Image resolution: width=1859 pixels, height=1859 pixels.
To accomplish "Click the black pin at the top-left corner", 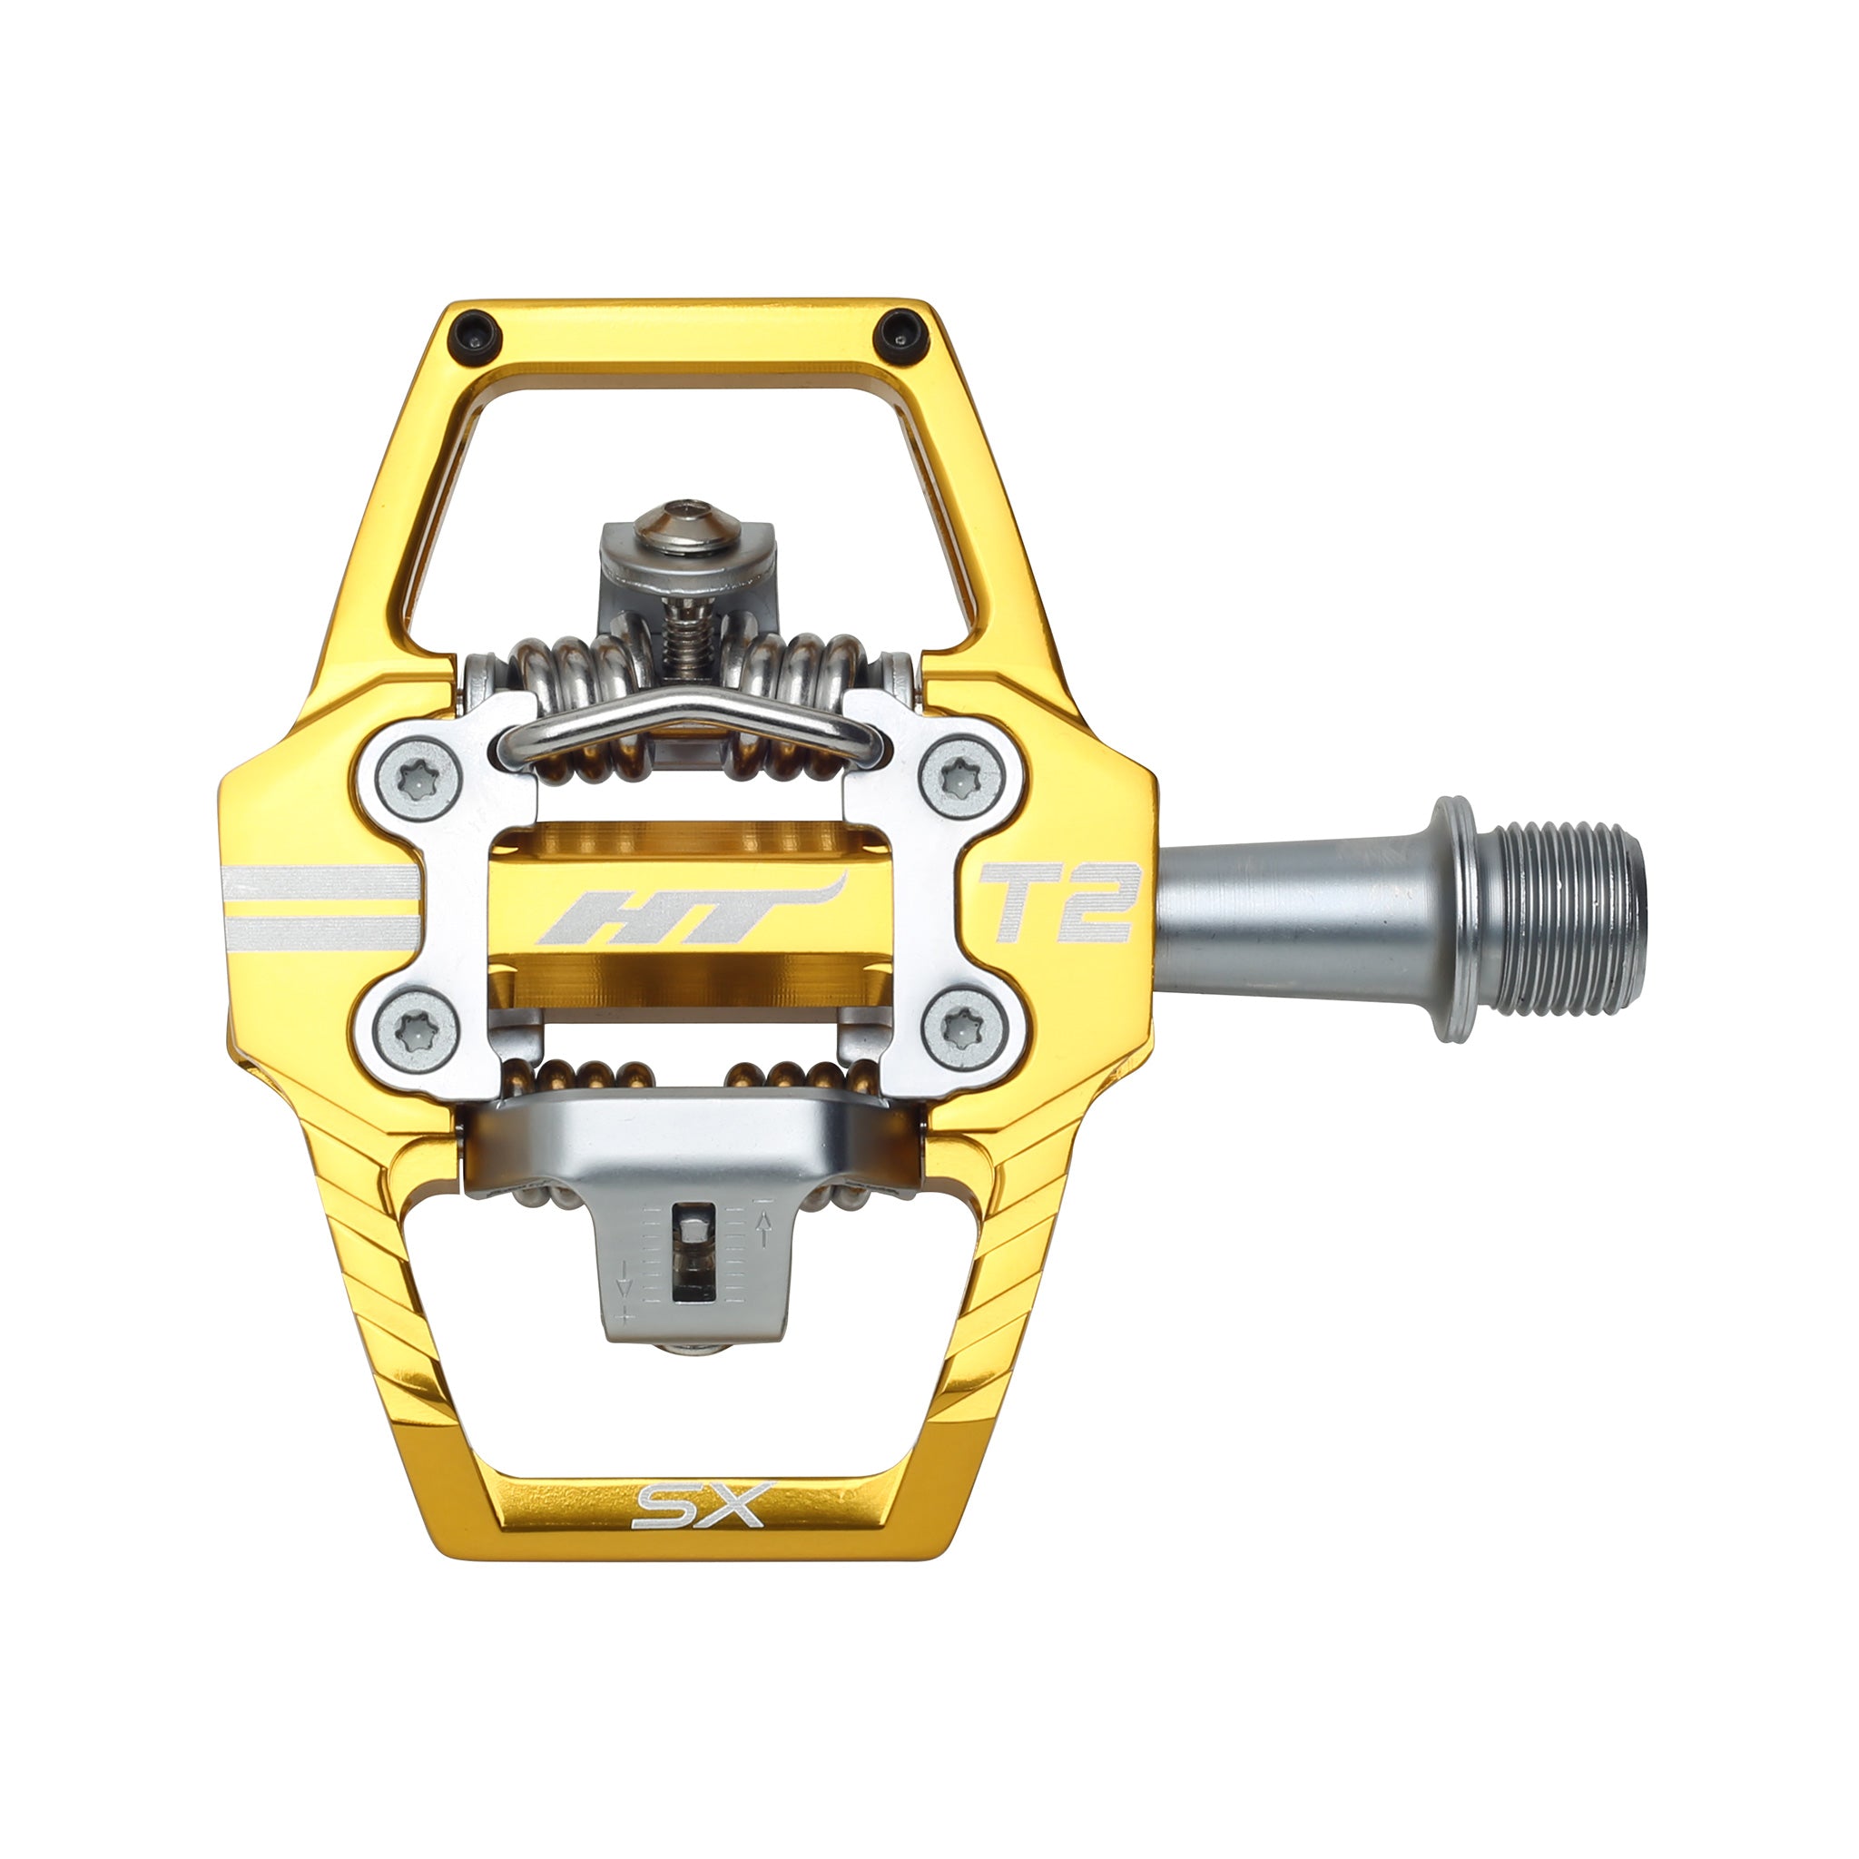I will tap(478, 333).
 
